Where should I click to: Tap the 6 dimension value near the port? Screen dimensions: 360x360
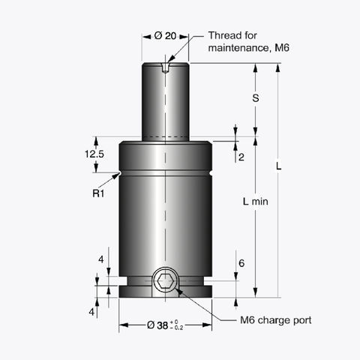(241, 263)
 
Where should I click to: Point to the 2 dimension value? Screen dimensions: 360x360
(241, 157)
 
